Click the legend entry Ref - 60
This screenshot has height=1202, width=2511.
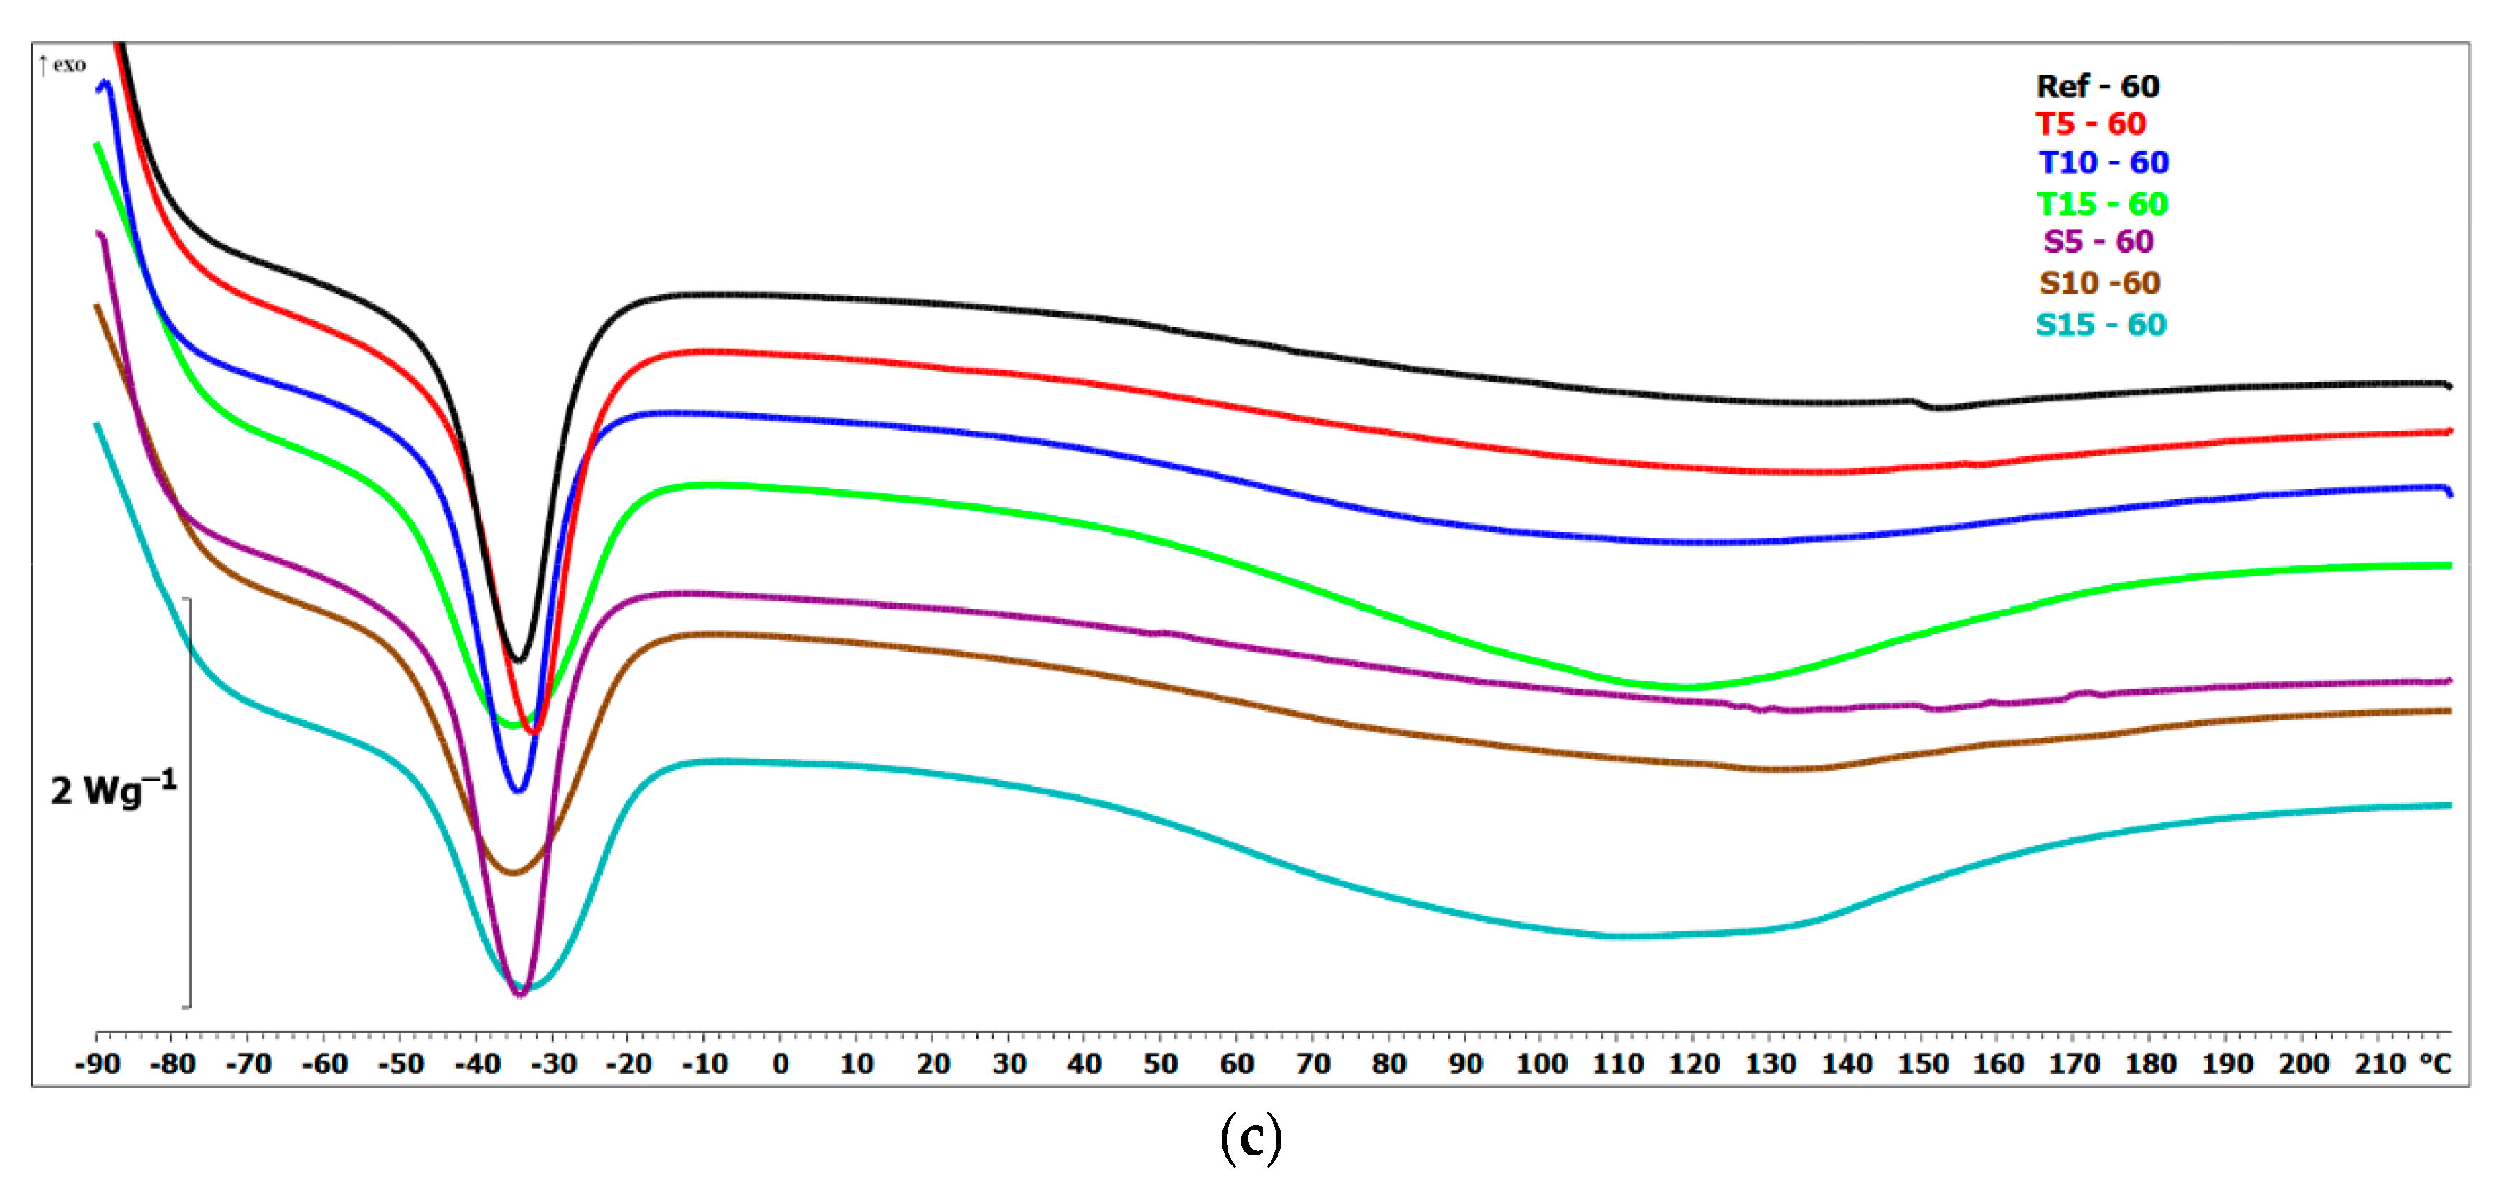[2097, 87]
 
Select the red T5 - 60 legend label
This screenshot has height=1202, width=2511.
[2090, 125]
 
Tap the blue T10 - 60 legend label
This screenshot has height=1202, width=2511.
[2103, 163]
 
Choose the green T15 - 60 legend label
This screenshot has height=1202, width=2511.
[2101, 205]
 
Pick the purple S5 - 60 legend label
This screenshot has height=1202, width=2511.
[2098, 242]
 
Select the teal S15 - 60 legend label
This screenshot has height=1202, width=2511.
[2101, 324]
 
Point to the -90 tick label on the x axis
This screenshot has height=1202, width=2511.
[97, 1064]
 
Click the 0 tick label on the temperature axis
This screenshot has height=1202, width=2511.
[780, 1064]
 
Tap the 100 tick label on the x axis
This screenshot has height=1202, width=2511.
[1541, 1064]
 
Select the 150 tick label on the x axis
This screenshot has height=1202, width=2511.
[1922, 1064]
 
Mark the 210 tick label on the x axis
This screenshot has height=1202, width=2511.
[2380, 1064]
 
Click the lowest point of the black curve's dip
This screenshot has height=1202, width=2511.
[519, 660]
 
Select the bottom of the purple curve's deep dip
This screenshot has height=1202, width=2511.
[519, 995]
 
